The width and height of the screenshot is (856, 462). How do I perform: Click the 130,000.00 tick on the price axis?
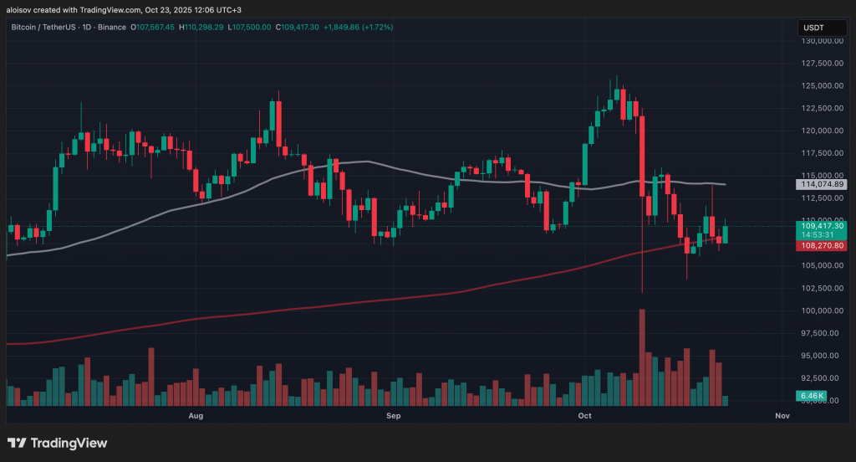[x=822, y=40]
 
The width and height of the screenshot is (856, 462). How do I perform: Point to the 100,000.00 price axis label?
[x=822, y=311]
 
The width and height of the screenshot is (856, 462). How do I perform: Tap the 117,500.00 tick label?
[x=822, y=153]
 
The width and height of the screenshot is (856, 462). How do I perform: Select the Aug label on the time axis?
[x=196, y=415]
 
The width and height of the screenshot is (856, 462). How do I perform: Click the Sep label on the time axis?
[x=394, y=415]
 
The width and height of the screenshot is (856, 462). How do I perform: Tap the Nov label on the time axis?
[x=782, y=415]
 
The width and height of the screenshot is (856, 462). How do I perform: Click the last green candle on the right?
[x=726, y=234]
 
